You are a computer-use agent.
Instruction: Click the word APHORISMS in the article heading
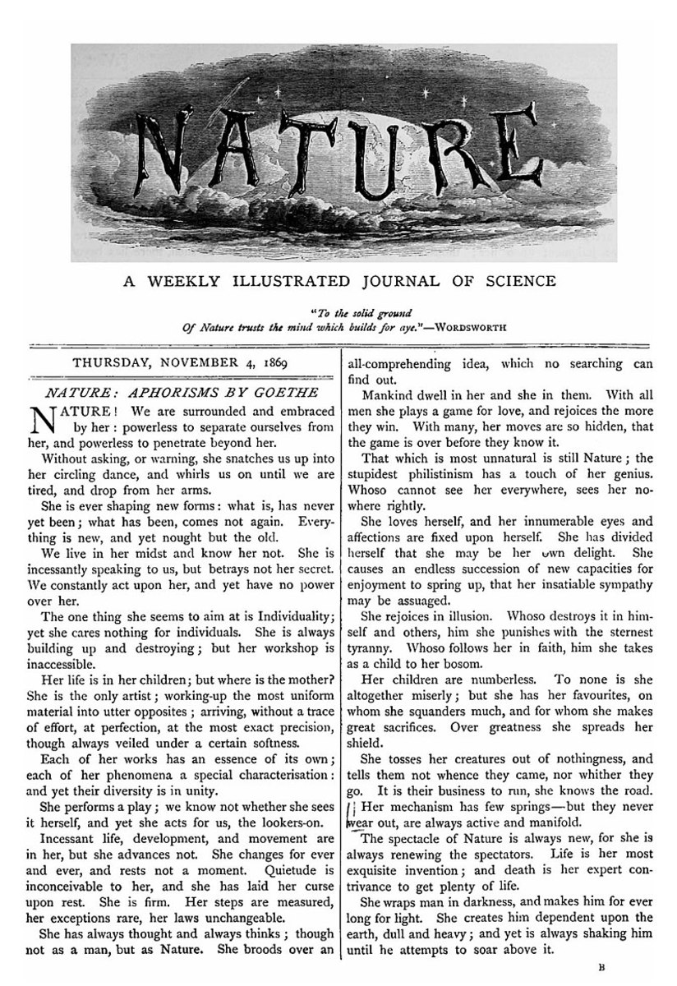[x=168, y=393]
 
